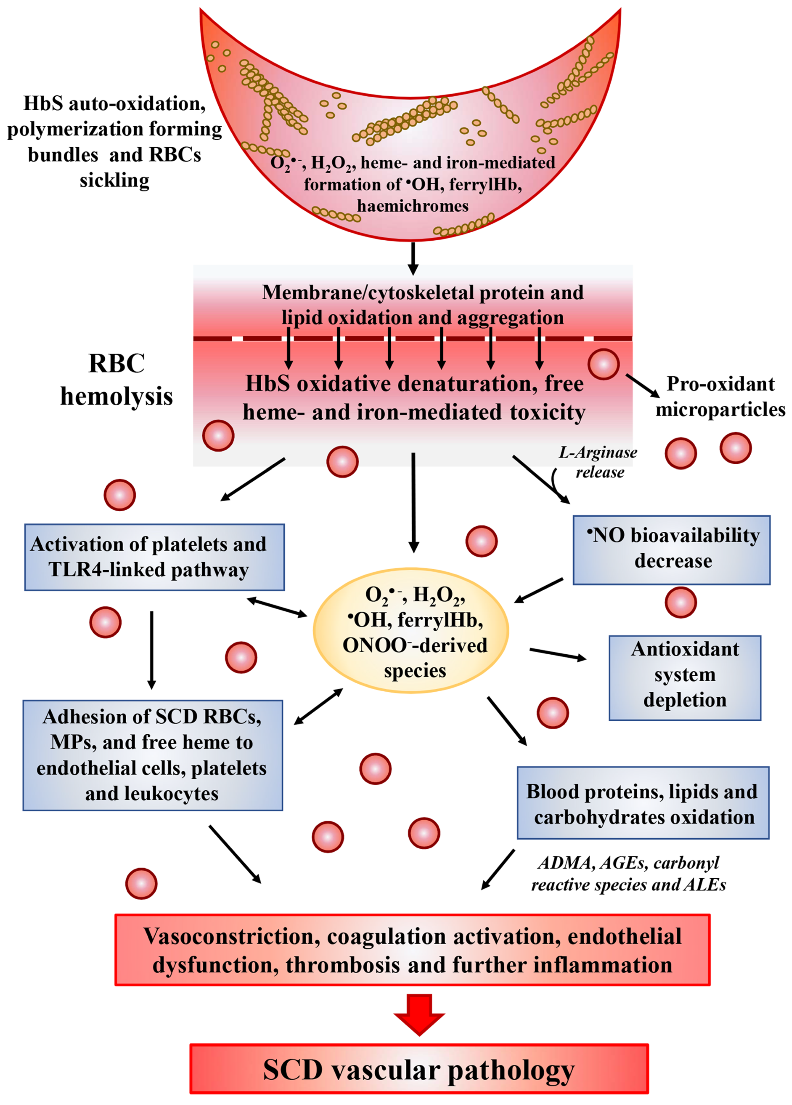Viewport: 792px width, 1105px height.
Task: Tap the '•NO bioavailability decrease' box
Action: pos(671,550)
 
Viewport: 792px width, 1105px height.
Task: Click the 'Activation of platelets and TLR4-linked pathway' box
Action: pos(154,557)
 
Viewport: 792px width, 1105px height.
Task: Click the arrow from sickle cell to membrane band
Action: pos(413,258)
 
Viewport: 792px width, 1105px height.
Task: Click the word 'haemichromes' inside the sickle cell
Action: pos(413,206)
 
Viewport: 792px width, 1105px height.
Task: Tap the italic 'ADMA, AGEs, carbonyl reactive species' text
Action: pos(628,873)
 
